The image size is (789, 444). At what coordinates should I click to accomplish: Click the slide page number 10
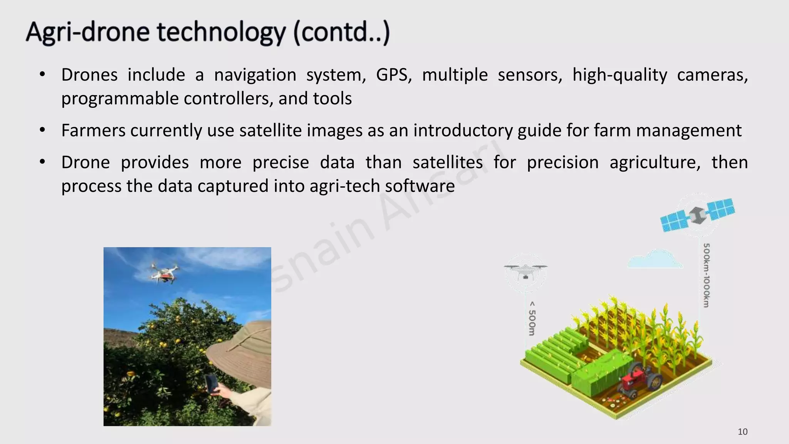tap(742, 432)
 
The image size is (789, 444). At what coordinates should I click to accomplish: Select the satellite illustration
tap(697, 215)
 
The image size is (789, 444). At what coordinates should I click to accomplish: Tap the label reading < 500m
tap(532, 318)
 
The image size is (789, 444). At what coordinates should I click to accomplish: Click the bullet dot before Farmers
tap(42, 130)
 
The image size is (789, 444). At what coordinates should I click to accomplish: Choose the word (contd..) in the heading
tap(341, 32)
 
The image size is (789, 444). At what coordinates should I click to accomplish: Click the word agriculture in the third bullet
tap(655, 162)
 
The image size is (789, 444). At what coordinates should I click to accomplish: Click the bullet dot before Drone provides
tap(42, 162)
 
